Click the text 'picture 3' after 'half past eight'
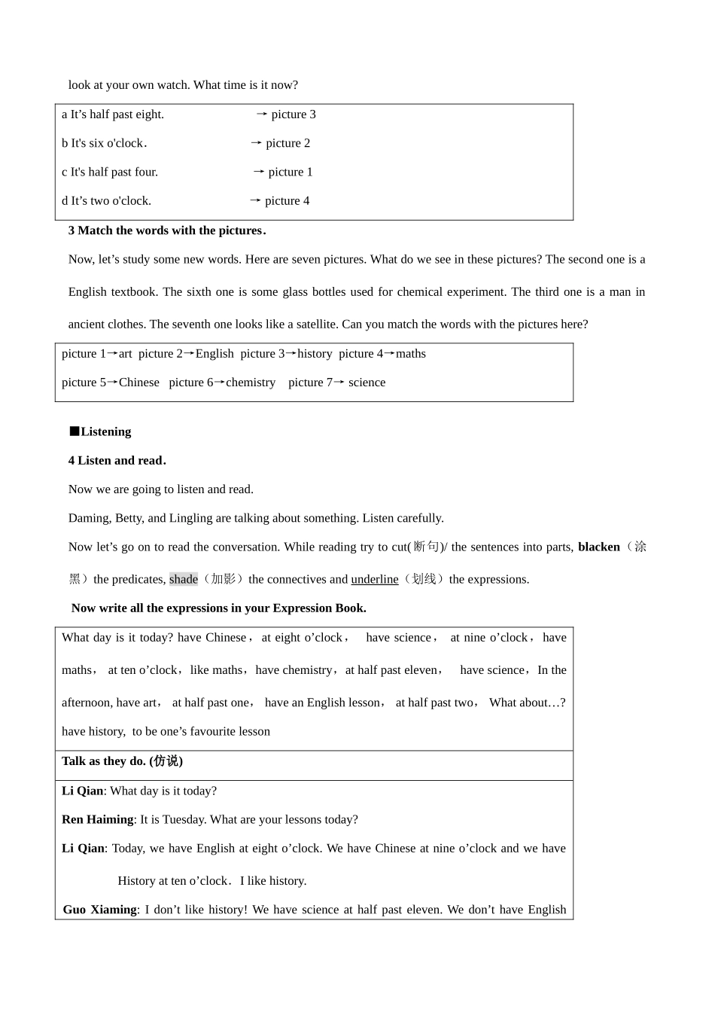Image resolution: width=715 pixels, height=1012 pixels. (294, 114)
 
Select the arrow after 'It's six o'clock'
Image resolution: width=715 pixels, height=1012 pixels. (256, 143)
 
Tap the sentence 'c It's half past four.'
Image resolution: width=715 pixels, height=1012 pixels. (110, 172)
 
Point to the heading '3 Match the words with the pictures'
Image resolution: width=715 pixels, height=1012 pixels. (167, 230)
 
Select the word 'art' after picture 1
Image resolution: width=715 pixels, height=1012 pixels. (125, 354)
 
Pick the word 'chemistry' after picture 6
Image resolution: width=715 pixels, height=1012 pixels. (251, 383)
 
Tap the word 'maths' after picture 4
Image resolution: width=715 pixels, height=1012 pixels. (411, 354)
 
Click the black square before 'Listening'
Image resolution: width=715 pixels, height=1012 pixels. (74, 431)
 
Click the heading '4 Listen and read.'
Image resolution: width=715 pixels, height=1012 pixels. (117, 461)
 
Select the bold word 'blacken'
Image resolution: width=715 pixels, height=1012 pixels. (598, 547)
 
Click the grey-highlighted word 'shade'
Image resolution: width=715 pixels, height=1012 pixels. (183, 580)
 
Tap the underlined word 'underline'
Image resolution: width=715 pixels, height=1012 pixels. (375, 580)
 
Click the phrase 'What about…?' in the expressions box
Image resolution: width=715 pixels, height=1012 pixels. (527, 703)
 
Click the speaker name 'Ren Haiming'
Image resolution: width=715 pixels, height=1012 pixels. (97, 820)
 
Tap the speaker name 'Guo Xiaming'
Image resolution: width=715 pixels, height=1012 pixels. (100, 910)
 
